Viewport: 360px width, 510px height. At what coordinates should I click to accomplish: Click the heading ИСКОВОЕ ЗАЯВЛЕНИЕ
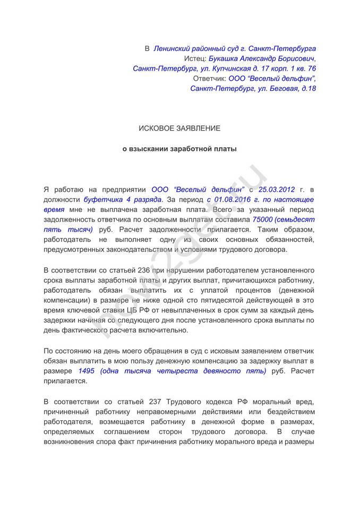coord(179,129)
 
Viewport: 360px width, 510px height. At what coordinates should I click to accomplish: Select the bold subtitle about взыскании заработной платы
coord(179,149)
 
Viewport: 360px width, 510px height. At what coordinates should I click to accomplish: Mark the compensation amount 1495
coord(86,371)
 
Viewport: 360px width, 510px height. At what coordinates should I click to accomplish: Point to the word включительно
coord(161,330)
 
